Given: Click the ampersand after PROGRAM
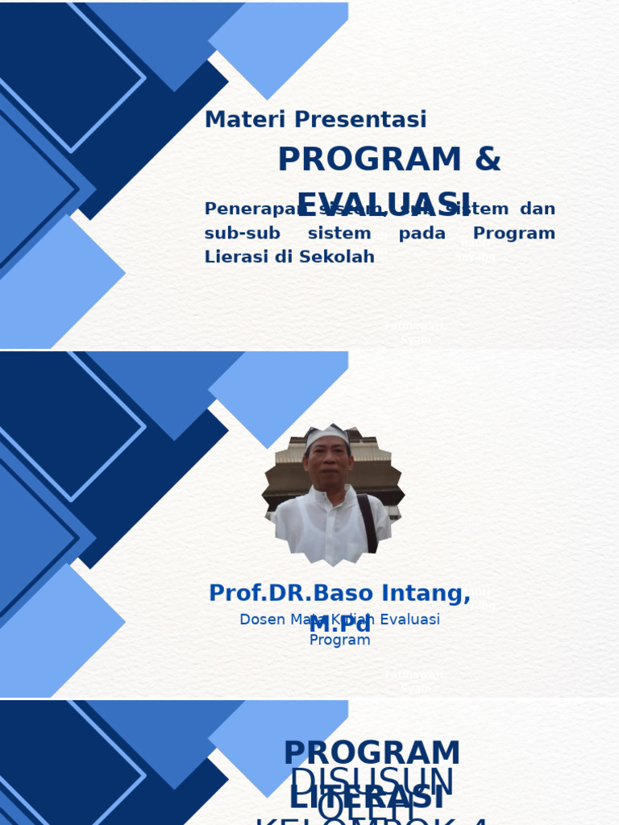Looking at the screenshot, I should pyautogui.click(x=488, y=160).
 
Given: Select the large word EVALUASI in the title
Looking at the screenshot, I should pyautogui.click(x=384, y=205).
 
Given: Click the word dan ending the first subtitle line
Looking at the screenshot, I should pyautogui.click(x=537, y=209).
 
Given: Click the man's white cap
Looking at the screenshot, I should pyautogui.click(x=327, y=436).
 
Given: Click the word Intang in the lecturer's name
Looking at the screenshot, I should pyautogui.click(x=420, y=593).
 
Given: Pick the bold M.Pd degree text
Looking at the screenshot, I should pyautogui.click(x=339, y=624).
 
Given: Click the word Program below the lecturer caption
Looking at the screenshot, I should pyautogui.click(x=339, y=641).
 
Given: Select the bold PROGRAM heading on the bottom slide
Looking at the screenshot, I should pyautogui.click(x=372, y=754).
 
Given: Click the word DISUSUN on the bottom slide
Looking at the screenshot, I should pyautogui.click(x=372, y=781).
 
